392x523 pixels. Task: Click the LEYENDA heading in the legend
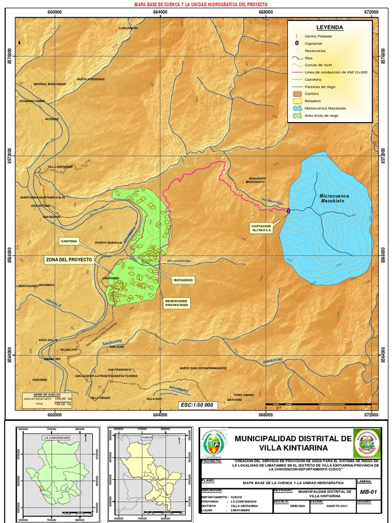(329, 28)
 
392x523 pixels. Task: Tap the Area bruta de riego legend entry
(321, 116)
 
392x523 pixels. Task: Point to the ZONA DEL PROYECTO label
(69, 260)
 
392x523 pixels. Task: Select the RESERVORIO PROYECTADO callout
(176, 303)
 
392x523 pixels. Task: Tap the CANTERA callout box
(68, 241)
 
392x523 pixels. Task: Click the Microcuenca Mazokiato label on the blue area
(332, 199)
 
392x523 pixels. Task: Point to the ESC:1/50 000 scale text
(197, 405)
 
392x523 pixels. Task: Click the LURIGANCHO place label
(128, 28)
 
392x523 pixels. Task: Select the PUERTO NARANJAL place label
(107, 243)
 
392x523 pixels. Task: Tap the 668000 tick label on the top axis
(266, 12)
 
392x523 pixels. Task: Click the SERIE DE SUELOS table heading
(47, 395)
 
